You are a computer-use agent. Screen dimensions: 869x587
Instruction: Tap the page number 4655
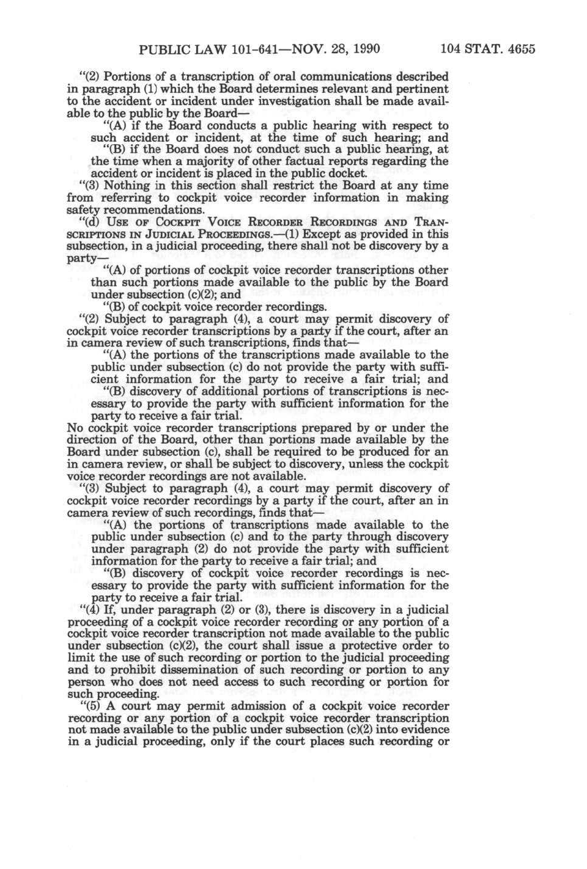[519, 48]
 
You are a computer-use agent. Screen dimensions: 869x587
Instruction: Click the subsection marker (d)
[91, 222]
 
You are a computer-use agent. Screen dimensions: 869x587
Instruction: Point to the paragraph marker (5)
[91, 706]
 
